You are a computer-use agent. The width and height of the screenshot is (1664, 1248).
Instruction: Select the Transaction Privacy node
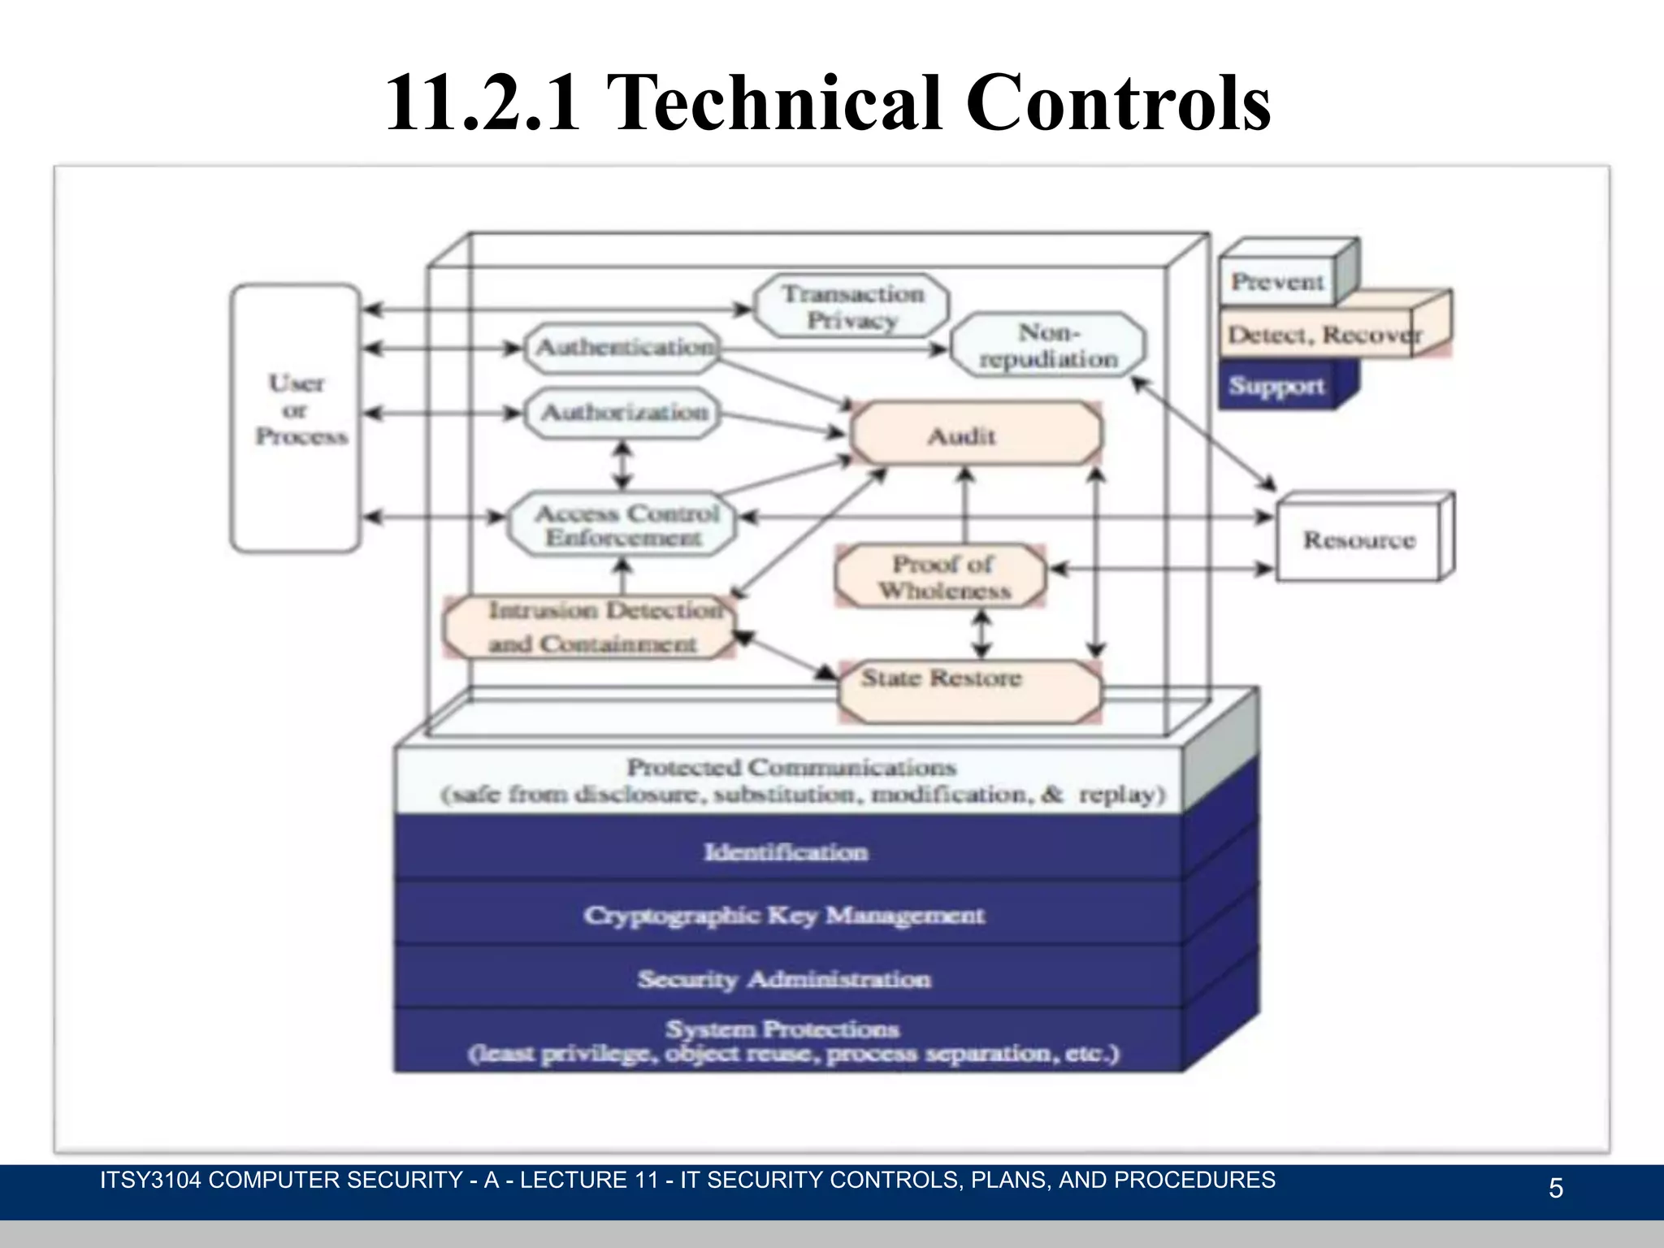pyautogui.click(x=851, y=307)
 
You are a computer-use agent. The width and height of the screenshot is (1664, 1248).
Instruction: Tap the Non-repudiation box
pyautogui.click(x=1048, y=345)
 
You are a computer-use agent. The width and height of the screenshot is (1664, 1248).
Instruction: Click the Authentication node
pyautogui.click(x=623, y=348)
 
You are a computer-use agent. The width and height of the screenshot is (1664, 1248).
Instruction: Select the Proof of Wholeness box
pyautogui.click(x=942, y=577)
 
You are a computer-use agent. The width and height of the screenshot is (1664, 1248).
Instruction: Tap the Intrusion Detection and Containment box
pyautogui.click(x=590, y=627)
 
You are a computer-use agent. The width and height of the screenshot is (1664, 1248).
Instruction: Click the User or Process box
pyautogui.click(x=296, y=418)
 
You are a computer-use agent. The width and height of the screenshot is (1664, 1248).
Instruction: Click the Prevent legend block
pyautogui.click(x=1277, y=282)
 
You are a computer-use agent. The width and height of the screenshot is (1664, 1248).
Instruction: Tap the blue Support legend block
pyautogui.click(x=1277, y=386)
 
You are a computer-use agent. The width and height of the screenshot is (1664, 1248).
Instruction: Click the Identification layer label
pyautogui.click(x=786, y=852)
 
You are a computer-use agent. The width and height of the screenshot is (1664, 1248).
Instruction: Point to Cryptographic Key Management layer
pyautogui.click(x=784, y=916)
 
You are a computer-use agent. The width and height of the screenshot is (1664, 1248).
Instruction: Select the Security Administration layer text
pyautogui.click(x=784, y=979)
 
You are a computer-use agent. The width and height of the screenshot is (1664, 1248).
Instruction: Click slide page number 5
pyautogui.click(x=1555, y=1189)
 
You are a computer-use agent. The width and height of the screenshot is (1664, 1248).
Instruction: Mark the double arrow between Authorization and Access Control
pyautogui.click(x=622, y=466)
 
